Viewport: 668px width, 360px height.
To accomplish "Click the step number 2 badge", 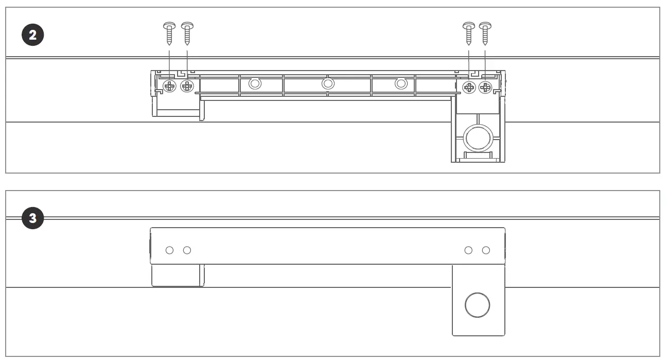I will coord(33,36).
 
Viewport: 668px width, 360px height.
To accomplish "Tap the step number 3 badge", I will coord(33,218).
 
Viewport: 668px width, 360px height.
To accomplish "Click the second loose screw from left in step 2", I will coord(187,33).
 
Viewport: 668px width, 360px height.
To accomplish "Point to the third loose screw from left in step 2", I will coord(469,33).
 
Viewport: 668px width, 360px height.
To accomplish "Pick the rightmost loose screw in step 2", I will coord(485,33).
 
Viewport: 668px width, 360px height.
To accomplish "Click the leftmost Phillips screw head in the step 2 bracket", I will coord(170,87).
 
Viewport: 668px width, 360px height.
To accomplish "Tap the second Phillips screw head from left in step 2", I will coord(187,87).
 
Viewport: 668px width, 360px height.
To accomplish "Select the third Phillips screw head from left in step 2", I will coord(469,88).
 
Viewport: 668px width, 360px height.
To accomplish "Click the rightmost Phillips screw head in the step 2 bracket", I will coord(485,88).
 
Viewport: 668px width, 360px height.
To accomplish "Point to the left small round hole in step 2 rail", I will coord(255,83).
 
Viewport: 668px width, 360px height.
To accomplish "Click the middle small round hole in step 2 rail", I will coord(328,83).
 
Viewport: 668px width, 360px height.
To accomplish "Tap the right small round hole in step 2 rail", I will coord(401,83).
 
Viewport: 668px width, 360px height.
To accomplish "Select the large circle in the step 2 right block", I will coord(478,138).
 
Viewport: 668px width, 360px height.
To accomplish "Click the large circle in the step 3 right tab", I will coord(477,305).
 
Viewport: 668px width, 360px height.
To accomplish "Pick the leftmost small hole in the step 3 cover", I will coord(169,250).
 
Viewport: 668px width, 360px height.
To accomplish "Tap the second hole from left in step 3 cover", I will coord(187,250).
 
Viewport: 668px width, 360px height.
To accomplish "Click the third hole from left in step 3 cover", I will coord(468,250).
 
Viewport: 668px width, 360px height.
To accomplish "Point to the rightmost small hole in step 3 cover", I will coord(486,250).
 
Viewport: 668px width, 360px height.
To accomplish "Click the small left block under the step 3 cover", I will coord(177,276).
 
